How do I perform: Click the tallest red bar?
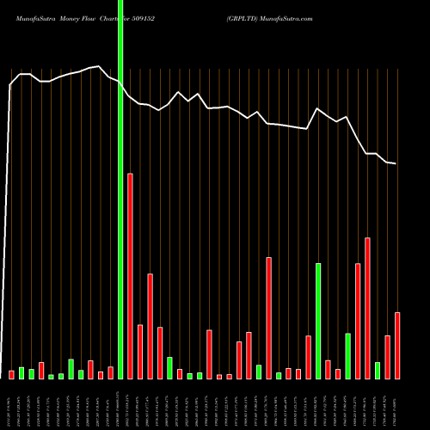130,275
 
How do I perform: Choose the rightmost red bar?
397,346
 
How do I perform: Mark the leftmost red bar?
12,374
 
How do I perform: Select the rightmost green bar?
378,371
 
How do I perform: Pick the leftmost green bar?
21,373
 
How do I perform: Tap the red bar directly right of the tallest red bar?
140,352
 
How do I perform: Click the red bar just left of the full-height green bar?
110,372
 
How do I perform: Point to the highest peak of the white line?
101,65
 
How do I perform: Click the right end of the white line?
396,163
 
